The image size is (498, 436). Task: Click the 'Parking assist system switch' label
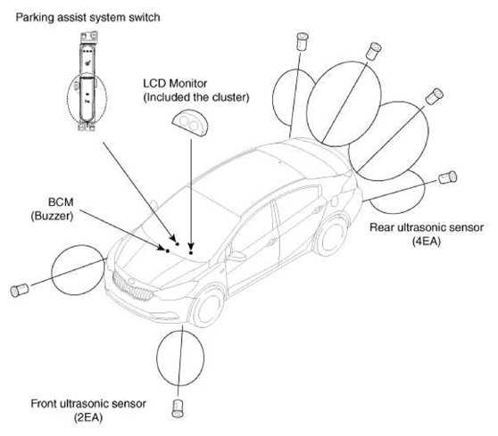click(87, 18)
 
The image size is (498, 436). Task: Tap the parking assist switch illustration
click(87, 81)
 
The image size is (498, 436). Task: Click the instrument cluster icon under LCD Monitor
click(189, 123)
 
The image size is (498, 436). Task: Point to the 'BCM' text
click(61, 202)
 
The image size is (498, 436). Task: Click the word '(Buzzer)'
click(52, 216)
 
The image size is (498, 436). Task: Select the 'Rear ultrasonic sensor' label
click(427, 227)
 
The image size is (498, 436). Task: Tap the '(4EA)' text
click(427, 242)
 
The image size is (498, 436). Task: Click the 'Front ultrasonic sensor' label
click(88, 404)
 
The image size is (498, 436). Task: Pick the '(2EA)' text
click(88, 417)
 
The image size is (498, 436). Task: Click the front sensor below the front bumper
click(178, 408)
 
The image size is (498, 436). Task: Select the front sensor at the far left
click(20, 291)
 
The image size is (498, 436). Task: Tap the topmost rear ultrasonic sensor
click(302, 41)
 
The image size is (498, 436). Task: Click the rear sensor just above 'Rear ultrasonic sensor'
click(447, 177)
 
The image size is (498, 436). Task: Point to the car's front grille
click(132, 286)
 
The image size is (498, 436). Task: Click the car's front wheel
click(207, 307)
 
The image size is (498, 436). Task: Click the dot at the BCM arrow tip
click(168, 251)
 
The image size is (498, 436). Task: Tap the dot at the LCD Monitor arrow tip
click(191, 252)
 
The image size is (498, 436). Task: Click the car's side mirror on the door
click(237, 257)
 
